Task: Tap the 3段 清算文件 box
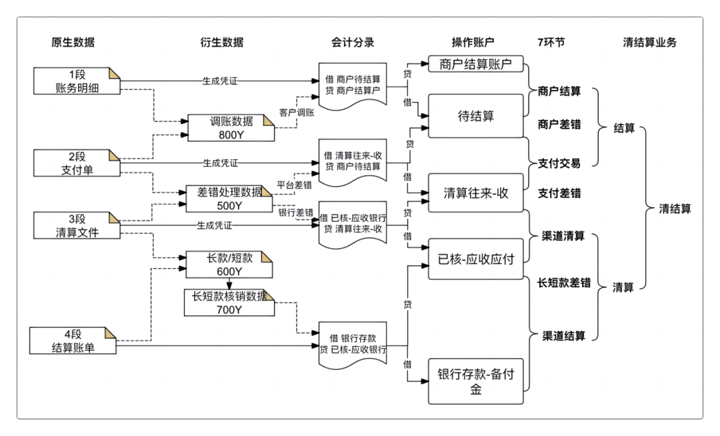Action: (x=77, y=225)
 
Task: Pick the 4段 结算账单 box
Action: (x=77, y=340)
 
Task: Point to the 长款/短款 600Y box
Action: (x=230, y=265)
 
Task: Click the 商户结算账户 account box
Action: (x=475, y=65)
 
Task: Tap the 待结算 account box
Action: (x=476, y=116)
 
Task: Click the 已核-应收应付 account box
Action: (x=476, y=260)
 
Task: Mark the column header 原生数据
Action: (x=73, y=42)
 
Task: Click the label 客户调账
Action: (x=297, y=113)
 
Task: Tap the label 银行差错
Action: (x=296, y=212)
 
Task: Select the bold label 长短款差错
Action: (x=564, y=282)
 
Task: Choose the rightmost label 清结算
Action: (x=675, y=209)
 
